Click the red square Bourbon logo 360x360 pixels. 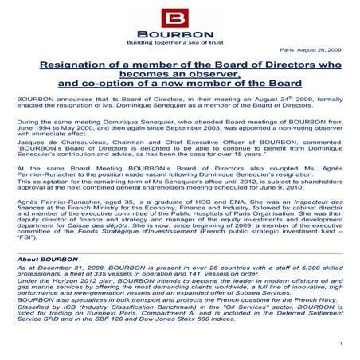[180, 18]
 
